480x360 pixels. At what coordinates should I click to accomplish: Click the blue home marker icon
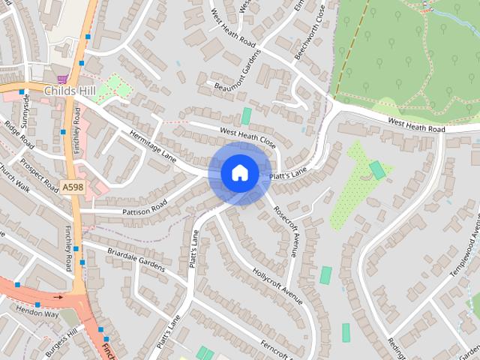239,173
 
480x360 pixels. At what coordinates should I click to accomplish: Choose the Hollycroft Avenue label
277,286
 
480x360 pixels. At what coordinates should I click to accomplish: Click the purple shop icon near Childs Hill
62,78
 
